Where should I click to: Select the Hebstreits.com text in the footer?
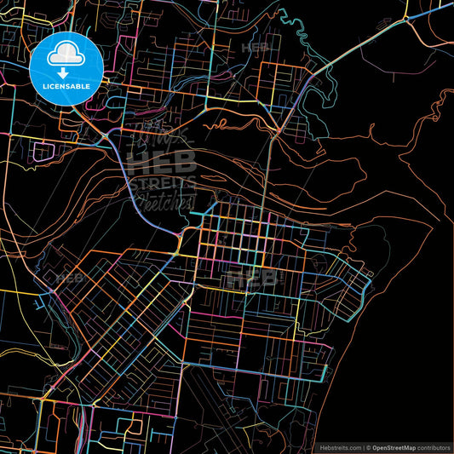coord(338,447)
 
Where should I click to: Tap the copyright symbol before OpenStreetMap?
coord(369,447)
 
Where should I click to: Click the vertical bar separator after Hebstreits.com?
coord(363,447)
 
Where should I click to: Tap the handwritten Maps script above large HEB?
coord(162,136)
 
